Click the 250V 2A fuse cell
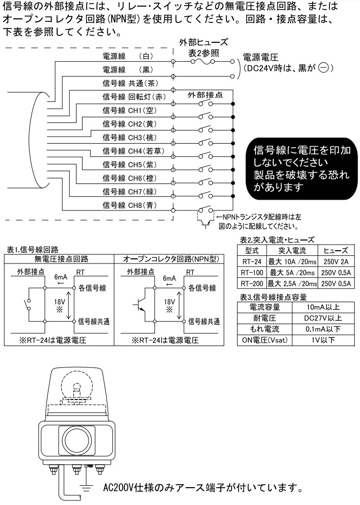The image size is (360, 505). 336,262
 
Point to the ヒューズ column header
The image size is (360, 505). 336,251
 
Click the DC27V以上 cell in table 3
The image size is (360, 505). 323,318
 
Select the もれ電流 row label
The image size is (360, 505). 265,329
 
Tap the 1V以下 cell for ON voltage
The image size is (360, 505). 323,340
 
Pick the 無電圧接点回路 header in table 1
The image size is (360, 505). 60,259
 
